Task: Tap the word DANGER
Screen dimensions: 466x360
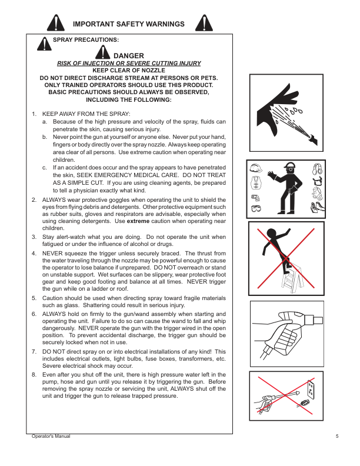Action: tap(128, 55)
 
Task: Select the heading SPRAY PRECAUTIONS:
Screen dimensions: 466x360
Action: tap(86, 40)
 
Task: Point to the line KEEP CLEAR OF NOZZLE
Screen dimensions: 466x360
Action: tap(128, 70)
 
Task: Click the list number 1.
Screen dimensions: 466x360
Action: tap(34, 114)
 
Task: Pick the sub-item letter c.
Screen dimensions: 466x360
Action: tap(45, 168)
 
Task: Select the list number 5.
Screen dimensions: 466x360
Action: tap(34, 298)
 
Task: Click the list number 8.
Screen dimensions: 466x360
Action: tap(34, 374)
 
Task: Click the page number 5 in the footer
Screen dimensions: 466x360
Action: tap(337, 436)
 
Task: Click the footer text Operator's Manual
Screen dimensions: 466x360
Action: tap(50, 436)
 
